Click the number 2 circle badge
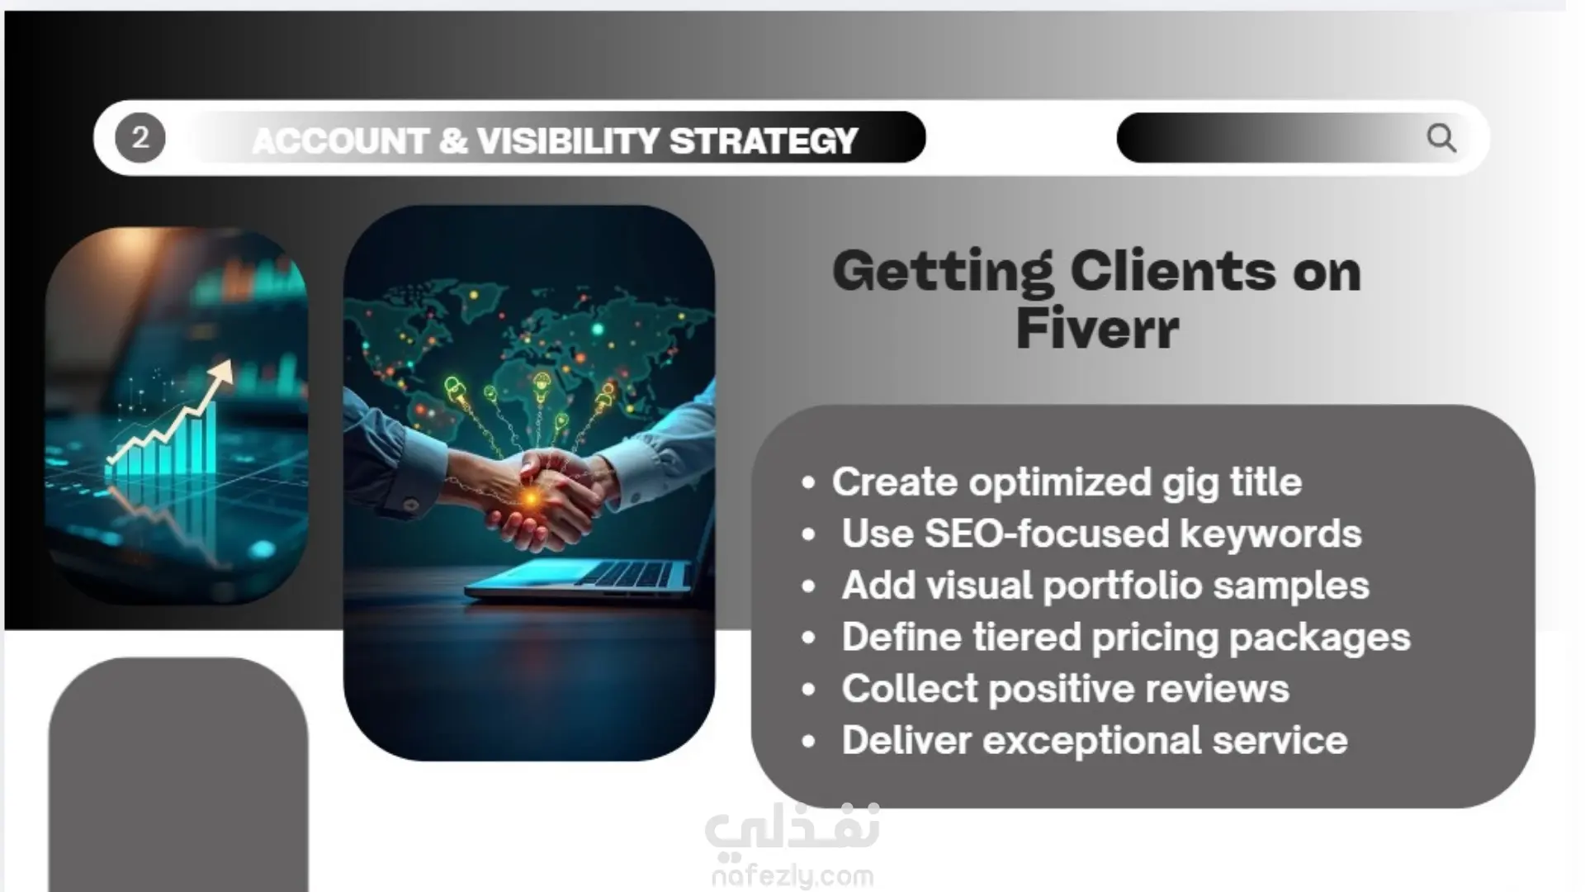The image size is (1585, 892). point(140,138)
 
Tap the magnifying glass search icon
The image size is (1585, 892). point(1441,138)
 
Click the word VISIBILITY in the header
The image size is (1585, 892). point(567,140)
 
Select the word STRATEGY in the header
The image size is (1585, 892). point(764,140)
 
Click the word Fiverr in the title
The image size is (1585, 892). point(1097,329)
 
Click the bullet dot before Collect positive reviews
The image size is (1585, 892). point(808,690)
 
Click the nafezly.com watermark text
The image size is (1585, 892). point(792,875)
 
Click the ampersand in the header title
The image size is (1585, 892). point(453,140)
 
